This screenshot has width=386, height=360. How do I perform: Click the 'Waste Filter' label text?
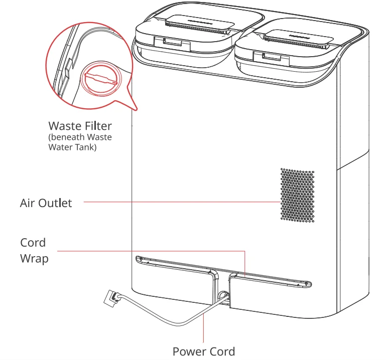[x=80, y=125]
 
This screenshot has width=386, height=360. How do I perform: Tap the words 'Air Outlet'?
[x=46, y=203]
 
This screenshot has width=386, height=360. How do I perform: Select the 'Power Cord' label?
[x=203, y=351]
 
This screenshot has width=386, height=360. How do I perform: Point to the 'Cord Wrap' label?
[x=34, y=251]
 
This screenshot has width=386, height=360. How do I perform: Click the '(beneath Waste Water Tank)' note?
[x=80, y=142]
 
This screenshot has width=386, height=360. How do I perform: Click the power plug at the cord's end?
[x=110, y=299]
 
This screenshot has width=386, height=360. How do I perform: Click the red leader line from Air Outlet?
[x=181, y=202]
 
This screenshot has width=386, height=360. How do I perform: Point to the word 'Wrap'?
[x=34, y=259]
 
